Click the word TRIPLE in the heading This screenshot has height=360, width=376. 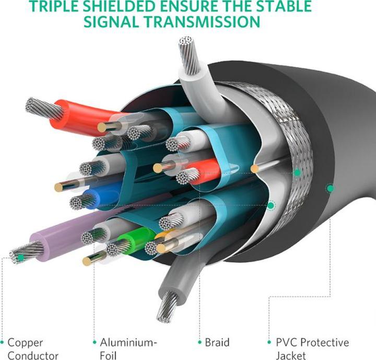click(x=56, y=6)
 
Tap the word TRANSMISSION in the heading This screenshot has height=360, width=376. click(x=202, y=21)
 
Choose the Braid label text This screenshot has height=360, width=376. click(x=217, y=342)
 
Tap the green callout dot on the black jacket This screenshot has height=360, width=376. click(x=330, y=188)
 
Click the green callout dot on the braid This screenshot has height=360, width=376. click(x=297, y=172)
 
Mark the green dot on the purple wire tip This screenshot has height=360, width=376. click(x=21, y=258)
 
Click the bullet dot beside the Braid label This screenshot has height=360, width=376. click(x=199, y=342)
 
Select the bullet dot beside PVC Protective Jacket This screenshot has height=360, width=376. click(x=269, y=342)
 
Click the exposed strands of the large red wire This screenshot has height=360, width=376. click(x=43, y=108)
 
